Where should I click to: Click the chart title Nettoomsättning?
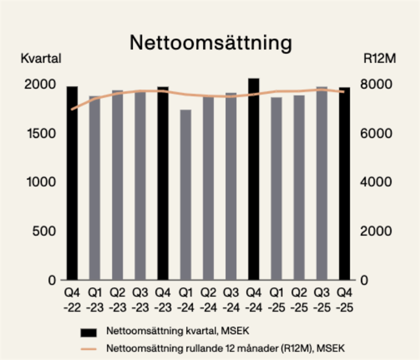tap(210, 43)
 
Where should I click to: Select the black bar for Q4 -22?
tap(72, 184)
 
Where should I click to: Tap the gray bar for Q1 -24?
tap(185, 194)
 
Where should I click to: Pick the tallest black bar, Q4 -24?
tap(254, 179)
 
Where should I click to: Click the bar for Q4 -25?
tap(344, 184)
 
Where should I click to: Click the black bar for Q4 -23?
tap(163, 184)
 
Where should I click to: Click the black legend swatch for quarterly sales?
tap(89, 332)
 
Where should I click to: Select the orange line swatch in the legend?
tap(89, 348)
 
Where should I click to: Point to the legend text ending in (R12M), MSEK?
tap(226, 348)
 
